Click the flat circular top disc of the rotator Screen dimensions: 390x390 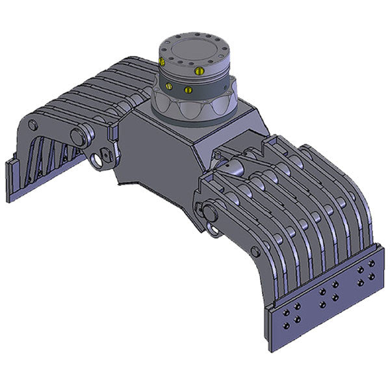[194, 49]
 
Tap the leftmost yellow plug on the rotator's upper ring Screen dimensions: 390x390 [161, 62]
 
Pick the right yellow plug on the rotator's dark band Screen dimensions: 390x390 [188, 89]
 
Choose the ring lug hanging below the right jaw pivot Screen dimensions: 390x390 [213, 229]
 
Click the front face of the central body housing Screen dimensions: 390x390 [156, 156]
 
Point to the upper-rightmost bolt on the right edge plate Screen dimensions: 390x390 [372, 264]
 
